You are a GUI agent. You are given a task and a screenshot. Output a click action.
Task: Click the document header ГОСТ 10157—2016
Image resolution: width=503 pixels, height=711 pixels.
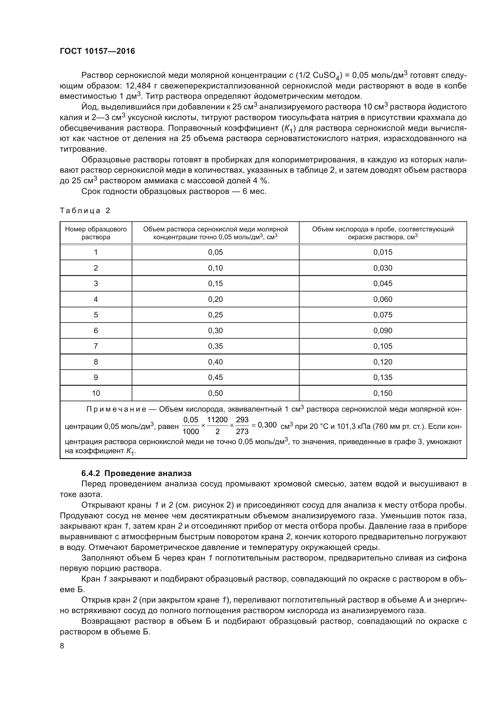click(x=97, y=51)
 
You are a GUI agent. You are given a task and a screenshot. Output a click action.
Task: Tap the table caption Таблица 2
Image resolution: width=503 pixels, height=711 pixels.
click(x=85, y=211)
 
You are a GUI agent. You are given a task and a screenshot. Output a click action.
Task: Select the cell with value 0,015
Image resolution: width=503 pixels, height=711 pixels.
click(x=383, y=252)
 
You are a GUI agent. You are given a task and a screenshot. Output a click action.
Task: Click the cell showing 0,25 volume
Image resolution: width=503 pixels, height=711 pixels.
click(x=215, y=315)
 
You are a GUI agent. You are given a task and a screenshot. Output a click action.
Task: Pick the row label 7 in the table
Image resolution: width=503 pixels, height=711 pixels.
click(x=96, y=346)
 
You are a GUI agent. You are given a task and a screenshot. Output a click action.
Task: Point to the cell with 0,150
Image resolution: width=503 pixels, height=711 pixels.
click(x=383, y=393)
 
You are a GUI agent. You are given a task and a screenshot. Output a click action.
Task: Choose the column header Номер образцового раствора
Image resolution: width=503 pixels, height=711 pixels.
click(x=96, y=233)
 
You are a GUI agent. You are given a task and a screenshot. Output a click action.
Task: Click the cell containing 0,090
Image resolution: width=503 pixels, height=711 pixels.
click(x=383, y=330)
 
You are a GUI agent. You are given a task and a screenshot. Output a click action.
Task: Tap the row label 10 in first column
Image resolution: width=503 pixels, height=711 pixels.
click(x=96, y=393)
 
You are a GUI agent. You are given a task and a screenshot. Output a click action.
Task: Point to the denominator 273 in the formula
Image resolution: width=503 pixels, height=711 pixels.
click(x=242, y=431)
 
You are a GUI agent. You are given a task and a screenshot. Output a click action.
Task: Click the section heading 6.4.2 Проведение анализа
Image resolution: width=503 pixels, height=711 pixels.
click(x=136, y=473)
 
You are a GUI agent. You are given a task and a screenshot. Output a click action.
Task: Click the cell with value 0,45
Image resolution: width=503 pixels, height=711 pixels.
click(x=215, y=377)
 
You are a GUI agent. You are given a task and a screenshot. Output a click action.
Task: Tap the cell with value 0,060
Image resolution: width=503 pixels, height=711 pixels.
click(x=383, y=299)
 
